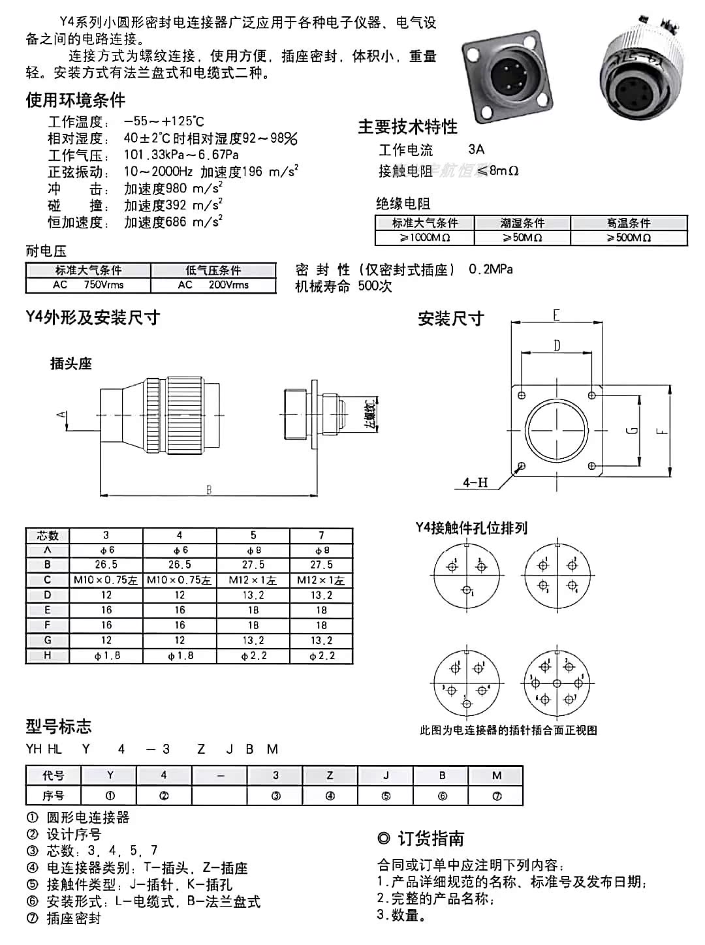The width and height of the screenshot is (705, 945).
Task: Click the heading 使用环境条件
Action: tap(75, 100)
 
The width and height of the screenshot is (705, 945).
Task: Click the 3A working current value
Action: tap(476, 149)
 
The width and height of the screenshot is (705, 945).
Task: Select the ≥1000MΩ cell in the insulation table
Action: tap(425, 238)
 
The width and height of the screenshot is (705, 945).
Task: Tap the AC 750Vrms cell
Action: tap(88, 285)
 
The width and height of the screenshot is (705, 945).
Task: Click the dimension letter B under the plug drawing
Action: tap(209, 489)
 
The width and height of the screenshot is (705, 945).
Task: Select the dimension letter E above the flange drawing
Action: tap(556, 315)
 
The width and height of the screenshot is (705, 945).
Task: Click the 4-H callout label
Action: tap(475, 482)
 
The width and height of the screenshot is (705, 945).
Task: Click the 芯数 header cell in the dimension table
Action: tap(48, 536)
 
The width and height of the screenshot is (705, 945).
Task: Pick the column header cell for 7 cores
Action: tap(321, 536)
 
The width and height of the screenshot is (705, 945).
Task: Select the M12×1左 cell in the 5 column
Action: tap(253, 580)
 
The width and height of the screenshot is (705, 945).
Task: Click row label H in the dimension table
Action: tap(48, 655)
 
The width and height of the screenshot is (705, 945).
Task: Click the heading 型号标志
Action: tap(59, 726)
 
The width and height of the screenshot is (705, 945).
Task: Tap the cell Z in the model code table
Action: tap(330, 775)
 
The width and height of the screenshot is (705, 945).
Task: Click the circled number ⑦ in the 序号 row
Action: tap(497, 796)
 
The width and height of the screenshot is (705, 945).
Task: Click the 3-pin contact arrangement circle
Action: tap(466, 575)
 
